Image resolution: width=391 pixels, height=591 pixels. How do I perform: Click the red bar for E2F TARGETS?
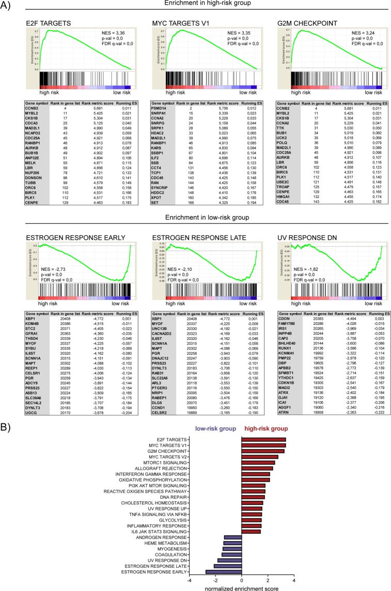(263, 396)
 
